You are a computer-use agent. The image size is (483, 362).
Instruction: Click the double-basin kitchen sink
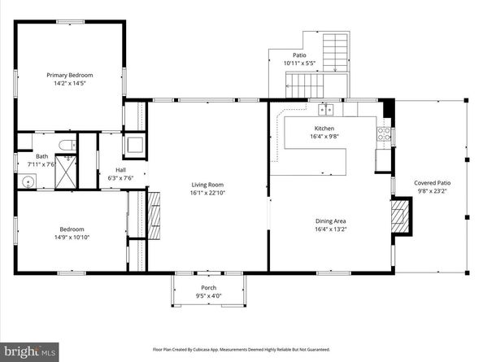coord(325,109)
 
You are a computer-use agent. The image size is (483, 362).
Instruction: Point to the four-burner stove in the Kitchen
coord(384,135)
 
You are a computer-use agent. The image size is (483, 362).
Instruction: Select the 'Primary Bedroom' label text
coord(68,74)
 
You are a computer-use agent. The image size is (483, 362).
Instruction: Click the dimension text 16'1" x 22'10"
coord(208,193)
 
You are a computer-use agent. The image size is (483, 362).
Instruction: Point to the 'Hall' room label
coord(120,171)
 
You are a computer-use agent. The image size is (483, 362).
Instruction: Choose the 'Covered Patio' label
coord(432,183)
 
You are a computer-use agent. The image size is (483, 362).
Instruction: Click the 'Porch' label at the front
coord(209,288)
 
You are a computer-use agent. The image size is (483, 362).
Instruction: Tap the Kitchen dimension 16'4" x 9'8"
coord(324,137)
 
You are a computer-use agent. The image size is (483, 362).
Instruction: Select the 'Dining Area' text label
coord(331,220)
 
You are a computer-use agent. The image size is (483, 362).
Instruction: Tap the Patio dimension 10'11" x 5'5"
coord(298,63)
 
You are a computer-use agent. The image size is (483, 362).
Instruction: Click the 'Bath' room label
coord(41,157)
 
